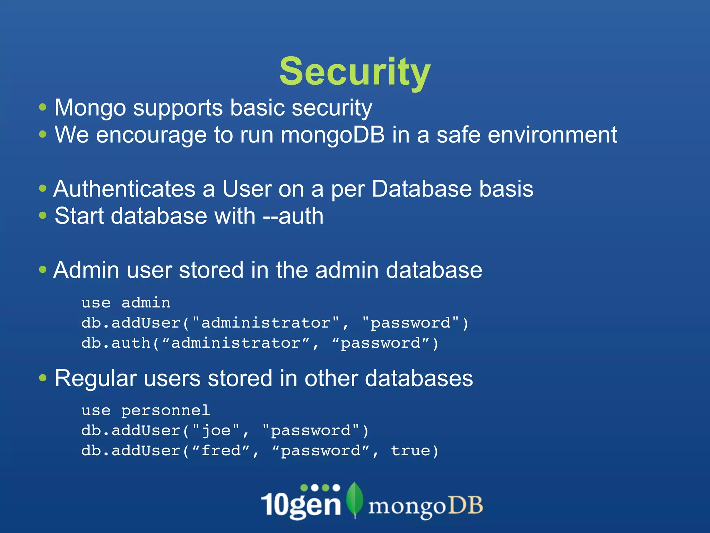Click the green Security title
coord(355,72)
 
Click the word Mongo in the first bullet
coord(90,108)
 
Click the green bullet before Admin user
coord(43,270)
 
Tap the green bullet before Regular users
coord(43,378)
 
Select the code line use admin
coord(126,303)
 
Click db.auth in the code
coord(116,343)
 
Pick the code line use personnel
coord(146,411)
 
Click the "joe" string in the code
coord(216,431)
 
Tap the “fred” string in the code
coord(220,451)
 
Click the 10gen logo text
coord(301,505)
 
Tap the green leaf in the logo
coord(355,500)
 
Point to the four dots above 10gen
coord(320,488)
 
